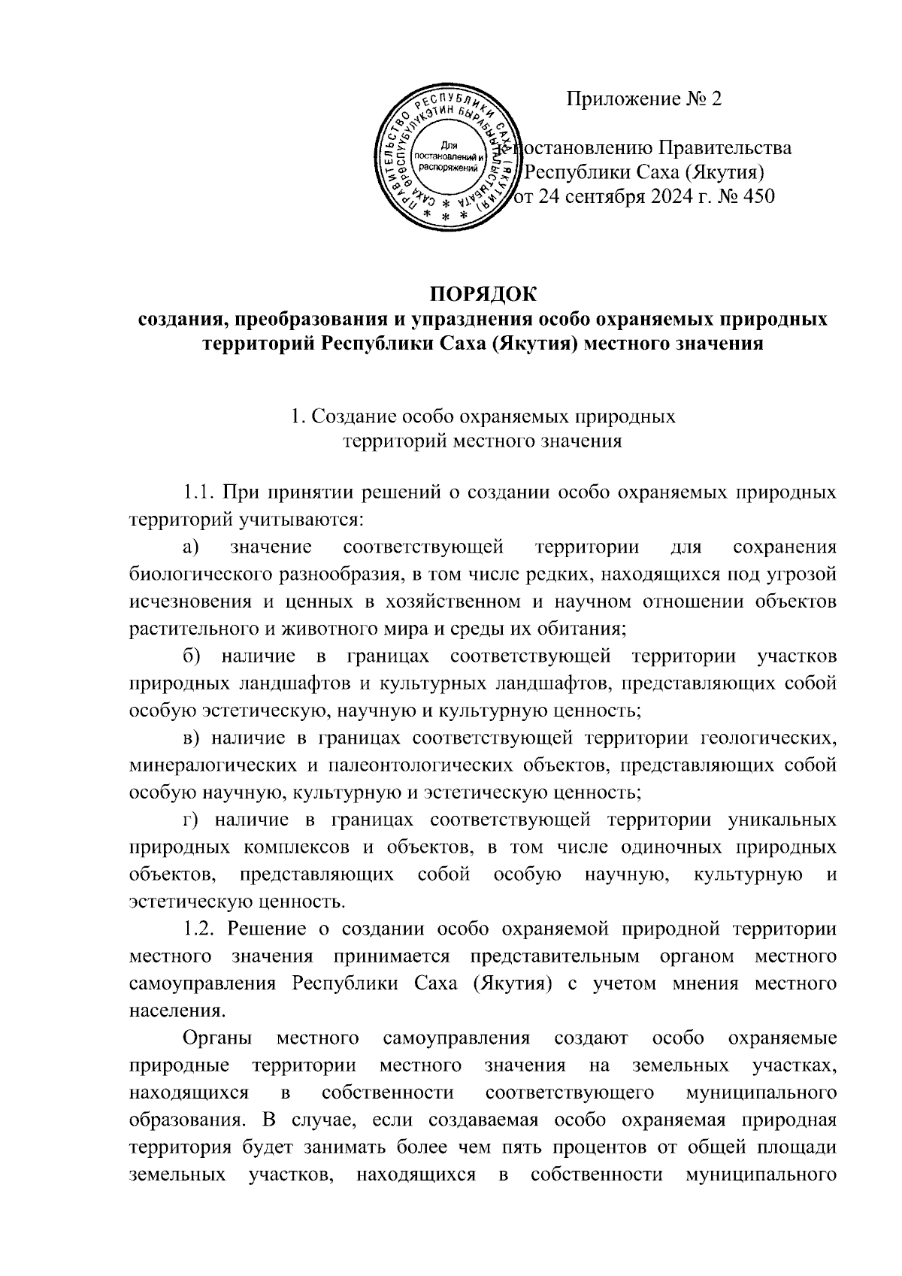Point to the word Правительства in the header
pyautogui.click(x=725, y=147)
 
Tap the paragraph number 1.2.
pyautogui.click(x=200, y=928)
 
